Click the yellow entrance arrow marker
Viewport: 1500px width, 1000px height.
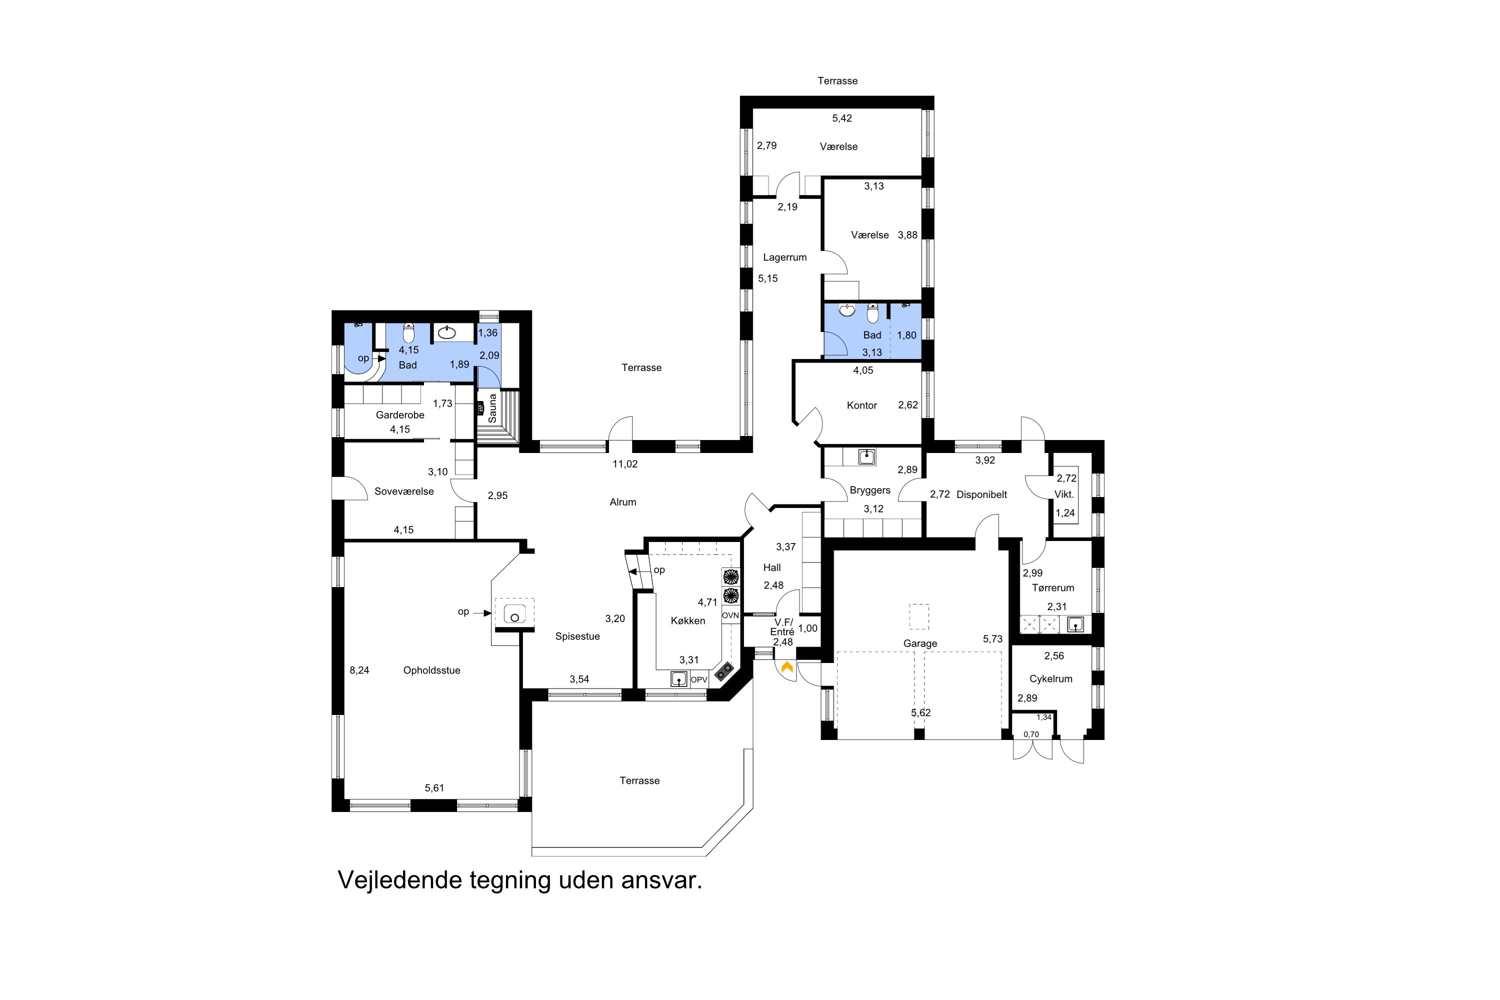pyautogui.click(x=787, y=667)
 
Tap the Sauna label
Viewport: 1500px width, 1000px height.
pyautogui.click(x=492, y=408)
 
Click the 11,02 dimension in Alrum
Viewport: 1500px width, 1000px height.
pyautogui.click(x=625, y=463)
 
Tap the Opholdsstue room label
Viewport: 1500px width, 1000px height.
pyautogui.click(x=432, y=670)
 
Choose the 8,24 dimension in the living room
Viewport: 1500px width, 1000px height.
pyautogui.click(x=359, y=670)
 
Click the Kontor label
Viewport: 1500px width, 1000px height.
pyautogui.click(x=861, y=405)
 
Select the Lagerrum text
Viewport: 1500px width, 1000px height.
pyautogui.click(x=785, y=257)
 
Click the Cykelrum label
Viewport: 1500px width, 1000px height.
pyautogui.click(x=1050, y=678)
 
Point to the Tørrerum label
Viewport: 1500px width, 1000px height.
pyautogui.click(x=1053, y=587)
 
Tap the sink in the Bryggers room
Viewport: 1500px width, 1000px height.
pyautogui.click(x=866, y=456)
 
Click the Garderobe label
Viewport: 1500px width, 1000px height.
pyautogui.click(x=400, y=414)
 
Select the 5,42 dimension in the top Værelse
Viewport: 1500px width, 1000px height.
pyautogui.click(x=842, y=118)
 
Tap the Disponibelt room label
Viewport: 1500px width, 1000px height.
pyautogui.click(x=981, y=494)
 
